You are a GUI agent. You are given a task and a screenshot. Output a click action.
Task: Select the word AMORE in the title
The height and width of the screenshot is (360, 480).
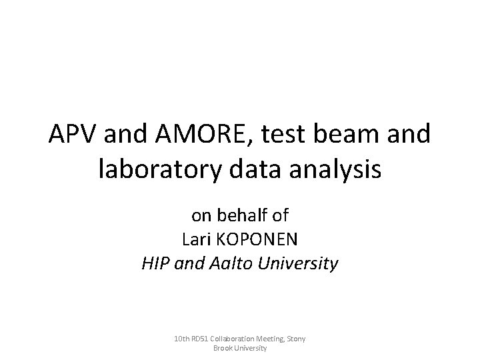tap(190, 136)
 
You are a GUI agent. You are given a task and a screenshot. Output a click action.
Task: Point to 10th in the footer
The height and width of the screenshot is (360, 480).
tap(181, 339)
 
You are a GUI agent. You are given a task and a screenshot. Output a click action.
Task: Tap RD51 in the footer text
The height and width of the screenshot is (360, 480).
tap(201, 339)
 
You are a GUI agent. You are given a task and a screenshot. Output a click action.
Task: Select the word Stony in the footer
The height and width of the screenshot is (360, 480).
tap(298, 339)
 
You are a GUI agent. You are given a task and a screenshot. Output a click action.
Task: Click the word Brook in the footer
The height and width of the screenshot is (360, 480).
tap(222, 348)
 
